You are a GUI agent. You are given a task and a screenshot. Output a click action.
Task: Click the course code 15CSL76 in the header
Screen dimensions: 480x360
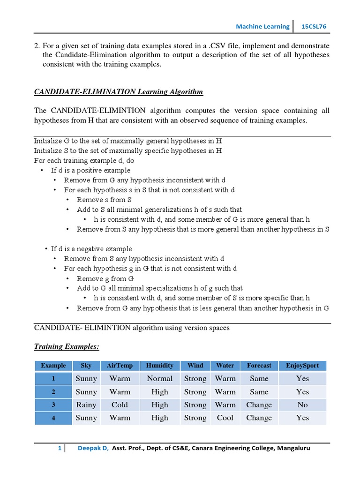pos(314,27)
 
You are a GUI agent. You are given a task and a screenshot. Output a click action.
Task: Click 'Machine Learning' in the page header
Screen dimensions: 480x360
pos(262,27)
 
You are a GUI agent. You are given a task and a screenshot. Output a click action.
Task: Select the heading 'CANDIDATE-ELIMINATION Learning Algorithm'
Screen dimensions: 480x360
pos(119,91)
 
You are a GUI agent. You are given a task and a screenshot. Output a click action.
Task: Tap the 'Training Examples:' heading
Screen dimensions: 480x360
pos(67,347)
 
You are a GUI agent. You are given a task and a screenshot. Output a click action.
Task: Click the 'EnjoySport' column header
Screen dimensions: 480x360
pos(302,366)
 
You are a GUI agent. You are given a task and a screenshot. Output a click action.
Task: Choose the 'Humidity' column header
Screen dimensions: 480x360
pos(159,366)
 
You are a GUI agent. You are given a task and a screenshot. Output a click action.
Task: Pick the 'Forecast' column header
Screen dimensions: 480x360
pos(259,366)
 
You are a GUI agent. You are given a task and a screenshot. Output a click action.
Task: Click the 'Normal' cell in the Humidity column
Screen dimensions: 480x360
pos(159,378)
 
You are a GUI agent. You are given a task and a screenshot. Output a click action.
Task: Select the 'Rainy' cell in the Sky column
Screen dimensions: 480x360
pos(86,405)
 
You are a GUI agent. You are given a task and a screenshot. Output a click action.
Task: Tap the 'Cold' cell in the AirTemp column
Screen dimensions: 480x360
pos(120,405)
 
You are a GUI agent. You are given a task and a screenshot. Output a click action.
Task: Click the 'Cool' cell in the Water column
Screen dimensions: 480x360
pos(225,418)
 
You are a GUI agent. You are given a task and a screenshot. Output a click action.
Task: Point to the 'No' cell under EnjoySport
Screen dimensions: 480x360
pos(302,405)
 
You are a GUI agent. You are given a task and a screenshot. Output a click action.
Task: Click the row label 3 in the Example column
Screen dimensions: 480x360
pos(53,405)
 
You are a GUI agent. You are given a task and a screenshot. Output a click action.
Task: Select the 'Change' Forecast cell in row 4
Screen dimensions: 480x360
pos(259,418)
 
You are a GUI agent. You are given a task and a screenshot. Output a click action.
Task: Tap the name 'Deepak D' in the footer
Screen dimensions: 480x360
pos(93,449)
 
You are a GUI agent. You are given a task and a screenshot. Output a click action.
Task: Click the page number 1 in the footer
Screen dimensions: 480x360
pos(60,449)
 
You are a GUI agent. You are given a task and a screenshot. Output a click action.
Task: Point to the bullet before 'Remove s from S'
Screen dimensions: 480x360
pos(67,200)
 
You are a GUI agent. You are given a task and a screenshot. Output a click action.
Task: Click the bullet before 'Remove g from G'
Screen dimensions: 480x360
pos(67,278)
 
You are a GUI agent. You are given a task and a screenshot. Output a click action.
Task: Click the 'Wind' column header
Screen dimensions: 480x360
pos(195,366)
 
